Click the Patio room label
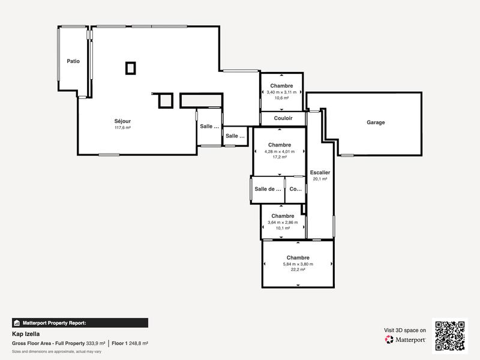point(73,61)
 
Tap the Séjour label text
point(122,121)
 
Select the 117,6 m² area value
point(122,128)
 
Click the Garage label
point(376,122)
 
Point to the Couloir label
point(283,118)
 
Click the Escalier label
point(320,172)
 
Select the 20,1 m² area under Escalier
point(320,179)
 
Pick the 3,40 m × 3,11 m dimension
point(281,92)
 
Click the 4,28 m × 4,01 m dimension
point(280,151)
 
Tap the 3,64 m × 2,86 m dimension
point(283,222)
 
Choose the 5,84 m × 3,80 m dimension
point(298,264)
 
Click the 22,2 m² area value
point(298,270)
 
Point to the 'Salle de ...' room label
point(268,189)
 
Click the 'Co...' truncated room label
point(295,189)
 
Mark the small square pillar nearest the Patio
point(130,68)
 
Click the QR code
point(449,336)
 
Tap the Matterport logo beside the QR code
point(406,340)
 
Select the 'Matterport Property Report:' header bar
point(80,323)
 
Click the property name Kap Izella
point(26,334)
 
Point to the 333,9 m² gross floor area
point(95,343)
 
